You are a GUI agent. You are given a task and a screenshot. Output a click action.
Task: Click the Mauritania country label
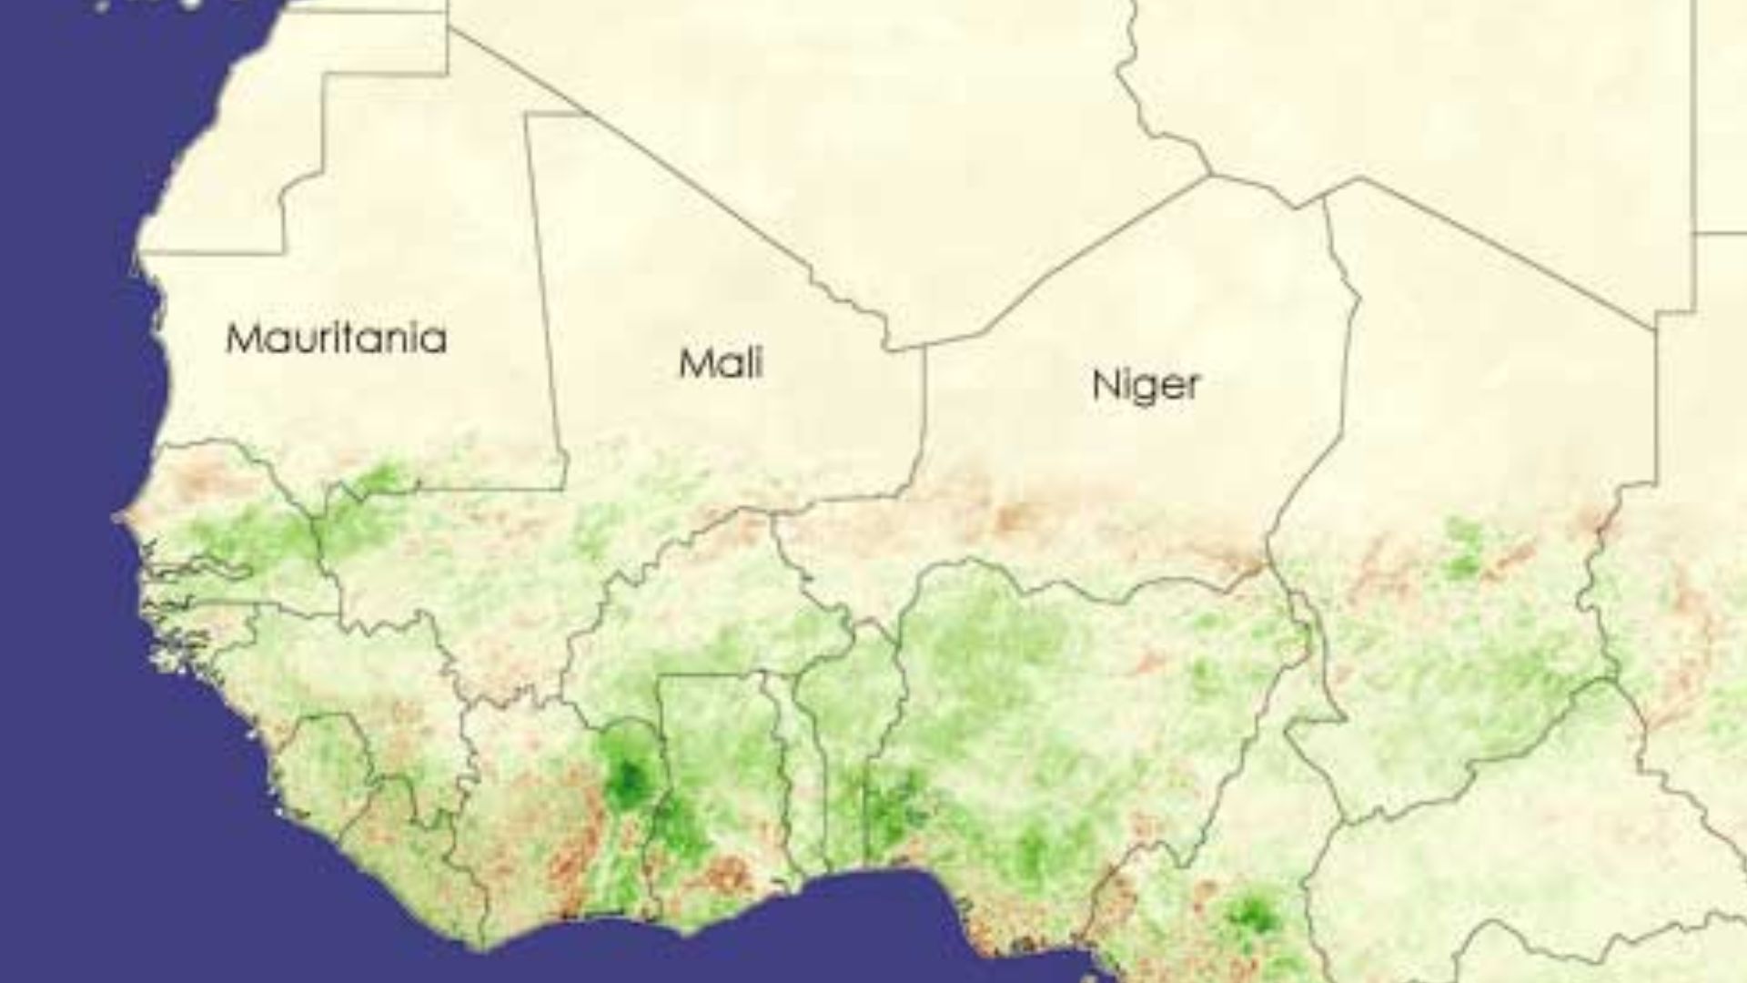point(336,339)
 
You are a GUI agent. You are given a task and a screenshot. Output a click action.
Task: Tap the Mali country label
point(721,364)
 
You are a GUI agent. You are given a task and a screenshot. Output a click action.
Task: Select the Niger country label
point(1146,385)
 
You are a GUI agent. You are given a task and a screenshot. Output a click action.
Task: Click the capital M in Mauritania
point(244,339)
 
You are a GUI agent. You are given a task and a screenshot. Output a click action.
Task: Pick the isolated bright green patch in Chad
point(1463,551)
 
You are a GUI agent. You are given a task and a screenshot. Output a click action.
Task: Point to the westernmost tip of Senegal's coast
point(116,518)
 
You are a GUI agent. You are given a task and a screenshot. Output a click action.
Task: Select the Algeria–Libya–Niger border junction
point(1210,176)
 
